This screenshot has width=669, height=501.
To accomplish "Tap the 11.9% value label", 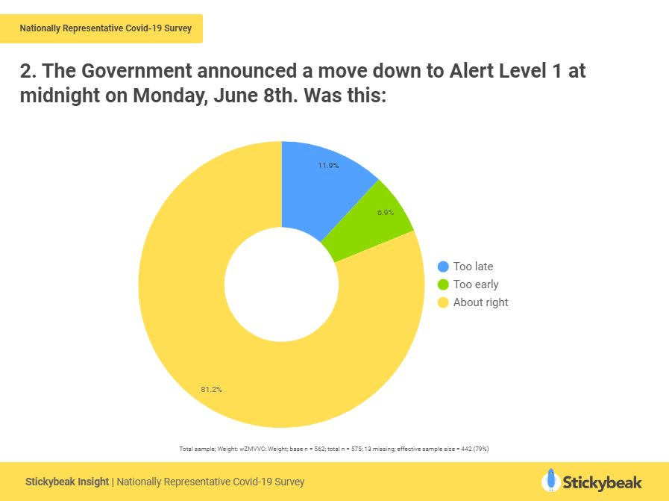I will click(x=328, y=165).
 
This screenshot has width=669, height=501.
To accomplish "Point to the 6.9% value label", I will click(x=385, y=213).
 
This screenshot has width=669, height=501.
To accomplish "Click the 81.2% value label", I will click(x=211, y=389).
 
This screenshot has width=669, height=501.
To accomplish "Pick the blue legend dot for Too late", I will click(x=443, y=267).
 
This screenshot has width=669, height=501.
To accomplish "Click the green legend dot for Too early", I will click(x=443, y=284).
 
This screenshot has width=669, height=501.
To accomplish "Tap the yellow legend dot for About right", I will click(x=443, y=302).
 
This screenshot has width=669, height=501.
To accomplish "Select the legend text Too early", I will click(x=476, y=284).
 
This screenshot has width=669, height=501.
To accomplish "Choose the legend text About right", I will click(x=480, y=302).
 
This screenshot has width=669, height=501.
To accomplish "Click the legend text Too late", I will click(x=473, y=267).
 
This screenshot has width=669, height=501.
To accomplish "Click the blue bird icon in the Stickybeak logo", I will click(x=551, y=480).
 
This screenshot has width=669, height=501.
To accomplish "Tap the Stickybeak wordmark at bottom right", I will click(x=602, y=482).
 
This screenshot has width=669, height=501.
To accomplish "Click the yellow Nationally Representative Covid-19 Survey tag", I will click(x=105, y=28).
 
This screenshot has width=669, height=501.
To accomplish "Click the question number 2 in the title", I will click(x=28, y=72).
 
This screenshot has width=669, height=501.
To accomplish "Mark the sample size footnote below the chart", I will click(x=333, y=449).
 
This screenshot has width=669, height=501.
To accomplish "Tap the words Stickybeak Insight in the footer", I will click(x=67, y=482).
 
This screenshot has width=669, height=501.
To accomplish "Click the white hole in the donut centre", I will click(x=281, y=284).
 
